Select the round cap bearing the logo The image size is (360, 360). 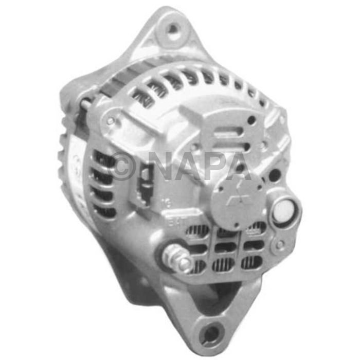pos(238,203)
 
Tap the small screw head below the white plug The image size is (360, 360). pos(279,245)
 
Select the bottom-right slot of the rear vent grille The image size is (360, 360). pos(252,262)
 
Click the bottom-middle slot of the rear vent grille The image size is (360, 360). pos(224,264)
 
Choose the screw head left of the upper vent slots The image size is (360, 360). pos(110,121)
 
